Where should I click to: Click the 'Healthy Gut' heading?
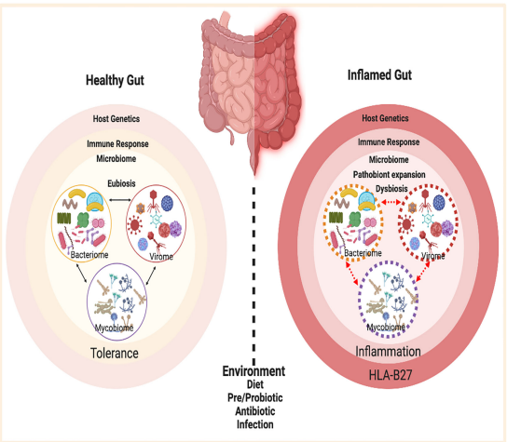pyautogui.click(x=115, y=80)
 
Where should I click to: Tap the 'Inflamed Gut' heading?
pyautogui.click(x=379, y=74)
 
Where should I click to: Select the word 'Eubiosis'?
pyautogui.click(x=121, y=183)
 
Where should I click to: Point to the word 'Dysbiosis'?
pyautogui.click(x=391, y=189)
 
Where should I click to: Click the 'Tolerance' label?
pyautogui.click(x=115, y=354)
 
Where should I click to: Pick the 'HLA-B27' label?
pyautogui.click(x=391, y=375)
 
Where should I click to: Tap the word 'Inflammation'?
pyautogui.click(x=388, y=352)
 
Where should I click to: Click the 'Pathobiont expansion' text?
pyautogui.click(x=389, y=175)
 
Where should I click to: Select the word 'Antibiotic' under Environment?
pyautogui.click(x=255, y=411)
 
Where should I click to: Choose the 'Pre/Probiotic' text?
pyautogui.click(x=255, y=397)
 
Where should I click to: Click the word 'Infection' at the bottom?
pyautogui.click(x=255, y=424)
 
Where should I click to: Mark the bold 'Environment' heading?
pyautogui.click(x=253, y=371)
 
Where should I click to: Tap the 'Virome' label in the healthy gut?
pyautogui.click(x=161, y=257)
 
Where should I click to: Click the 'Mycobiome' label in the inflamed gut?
pyautogui.click(x=386, y=327)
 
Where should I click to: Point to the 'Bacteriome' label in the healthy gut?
pyautogui.click(x=89, y=255)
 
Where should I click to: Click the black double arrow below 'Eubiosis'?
pyautogui.click(x=119, y=200)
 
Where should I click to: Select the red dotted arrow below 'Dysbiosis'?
pyautogui.click(x=391, y=202)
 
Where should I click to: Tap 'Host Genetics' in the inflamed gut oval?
pyautogui.click(x=385, y=118)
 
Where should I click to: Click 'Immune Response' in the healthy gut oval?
pyautogui.click(x=117, y=144)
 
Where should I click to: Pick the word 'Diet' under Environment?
pyautogui.click(x=255, y=384)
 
